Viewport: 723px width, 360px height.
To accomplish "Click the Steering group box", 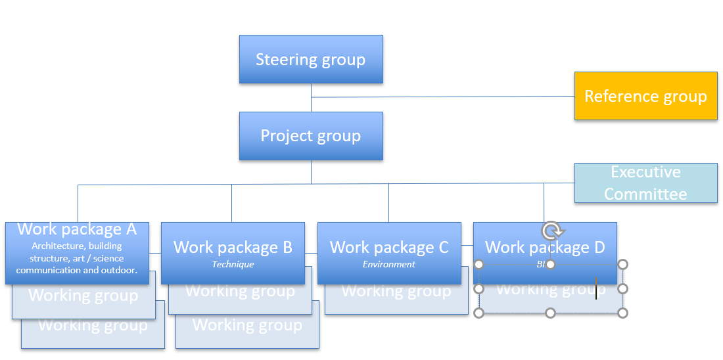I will [x=310, y=60].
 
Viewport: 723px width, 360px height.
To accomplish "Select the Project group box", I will [x=310, y=136].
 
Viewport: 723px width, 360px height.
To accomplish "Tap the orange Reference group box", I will [x=645, y=96].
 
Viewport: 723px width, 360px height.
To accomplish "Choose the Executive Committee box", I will [x=645, y=183].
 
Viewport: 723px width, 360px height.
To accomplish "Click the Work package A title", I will [x=77, y=229].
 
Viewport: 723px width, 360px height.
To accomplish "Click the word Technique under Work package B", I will [x=233, y=265].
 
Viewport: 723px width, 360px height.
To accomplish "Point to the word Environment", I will [x=389, y=265].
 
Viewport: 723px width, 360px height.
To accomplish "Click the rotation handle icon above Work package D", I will [x=552, y=231].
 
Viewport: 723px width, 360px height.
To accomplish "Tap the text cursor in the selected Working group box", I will [x=596, y=288].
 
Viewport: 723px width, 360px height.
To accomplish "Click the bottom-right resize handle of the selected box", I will [x=622, y=313].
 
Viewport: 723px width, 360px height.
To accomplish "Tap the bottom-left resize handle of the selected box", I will [x=479, y=313].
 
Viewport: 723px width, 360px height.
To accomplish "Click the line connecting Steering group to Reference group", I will [x=440, y=97].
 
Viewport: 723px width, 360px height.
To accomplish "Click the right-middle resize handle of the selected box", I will [x=622, y=288].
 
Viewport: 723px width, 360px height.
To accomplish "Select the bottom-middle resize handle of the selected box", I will [x=551, y=313].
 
